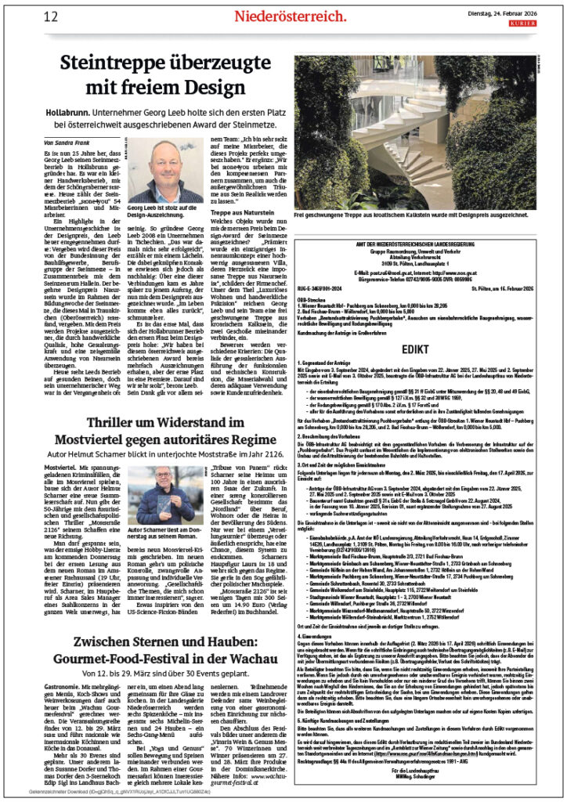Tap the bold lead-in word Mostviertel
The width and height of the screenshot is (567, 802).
click(60, 453)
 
